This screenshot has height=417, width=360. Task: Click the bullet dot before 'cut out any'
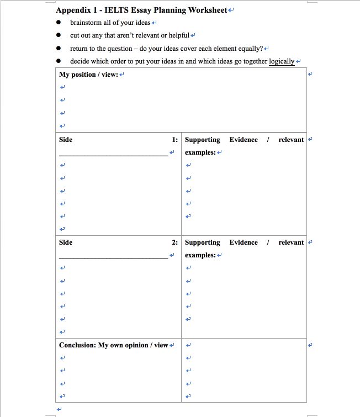[59, 35]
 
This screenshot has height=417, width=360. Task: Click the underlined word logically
[282, 61]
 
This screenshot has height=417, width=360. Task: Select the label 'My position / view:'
[88, 75]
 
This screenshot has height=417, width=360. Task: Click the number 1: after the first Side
[174, 140]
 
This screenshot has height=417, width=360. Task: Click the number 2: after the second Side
[174, 242]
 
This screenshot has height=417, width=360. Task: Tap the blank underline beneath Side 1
[113, 155]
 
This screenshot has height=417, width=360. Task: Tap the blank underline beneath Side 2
[113, 258]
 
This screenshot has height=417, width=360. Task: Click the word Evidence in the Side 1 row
[243, 140]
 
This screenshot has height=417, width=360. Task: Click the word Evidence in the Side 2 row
[243, 242]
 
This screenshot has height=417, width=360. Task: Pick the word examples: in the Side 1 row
[200, 152]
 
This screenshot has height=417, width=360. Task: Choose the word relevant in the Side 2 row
[291, 242]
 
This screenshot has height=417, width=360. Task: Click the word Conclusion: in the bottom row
[77, 345]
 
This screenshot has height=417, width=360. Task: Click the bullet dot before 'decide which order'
[59, 61]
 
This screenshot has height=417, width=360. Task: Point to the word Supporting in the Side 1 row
[202, 140]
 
